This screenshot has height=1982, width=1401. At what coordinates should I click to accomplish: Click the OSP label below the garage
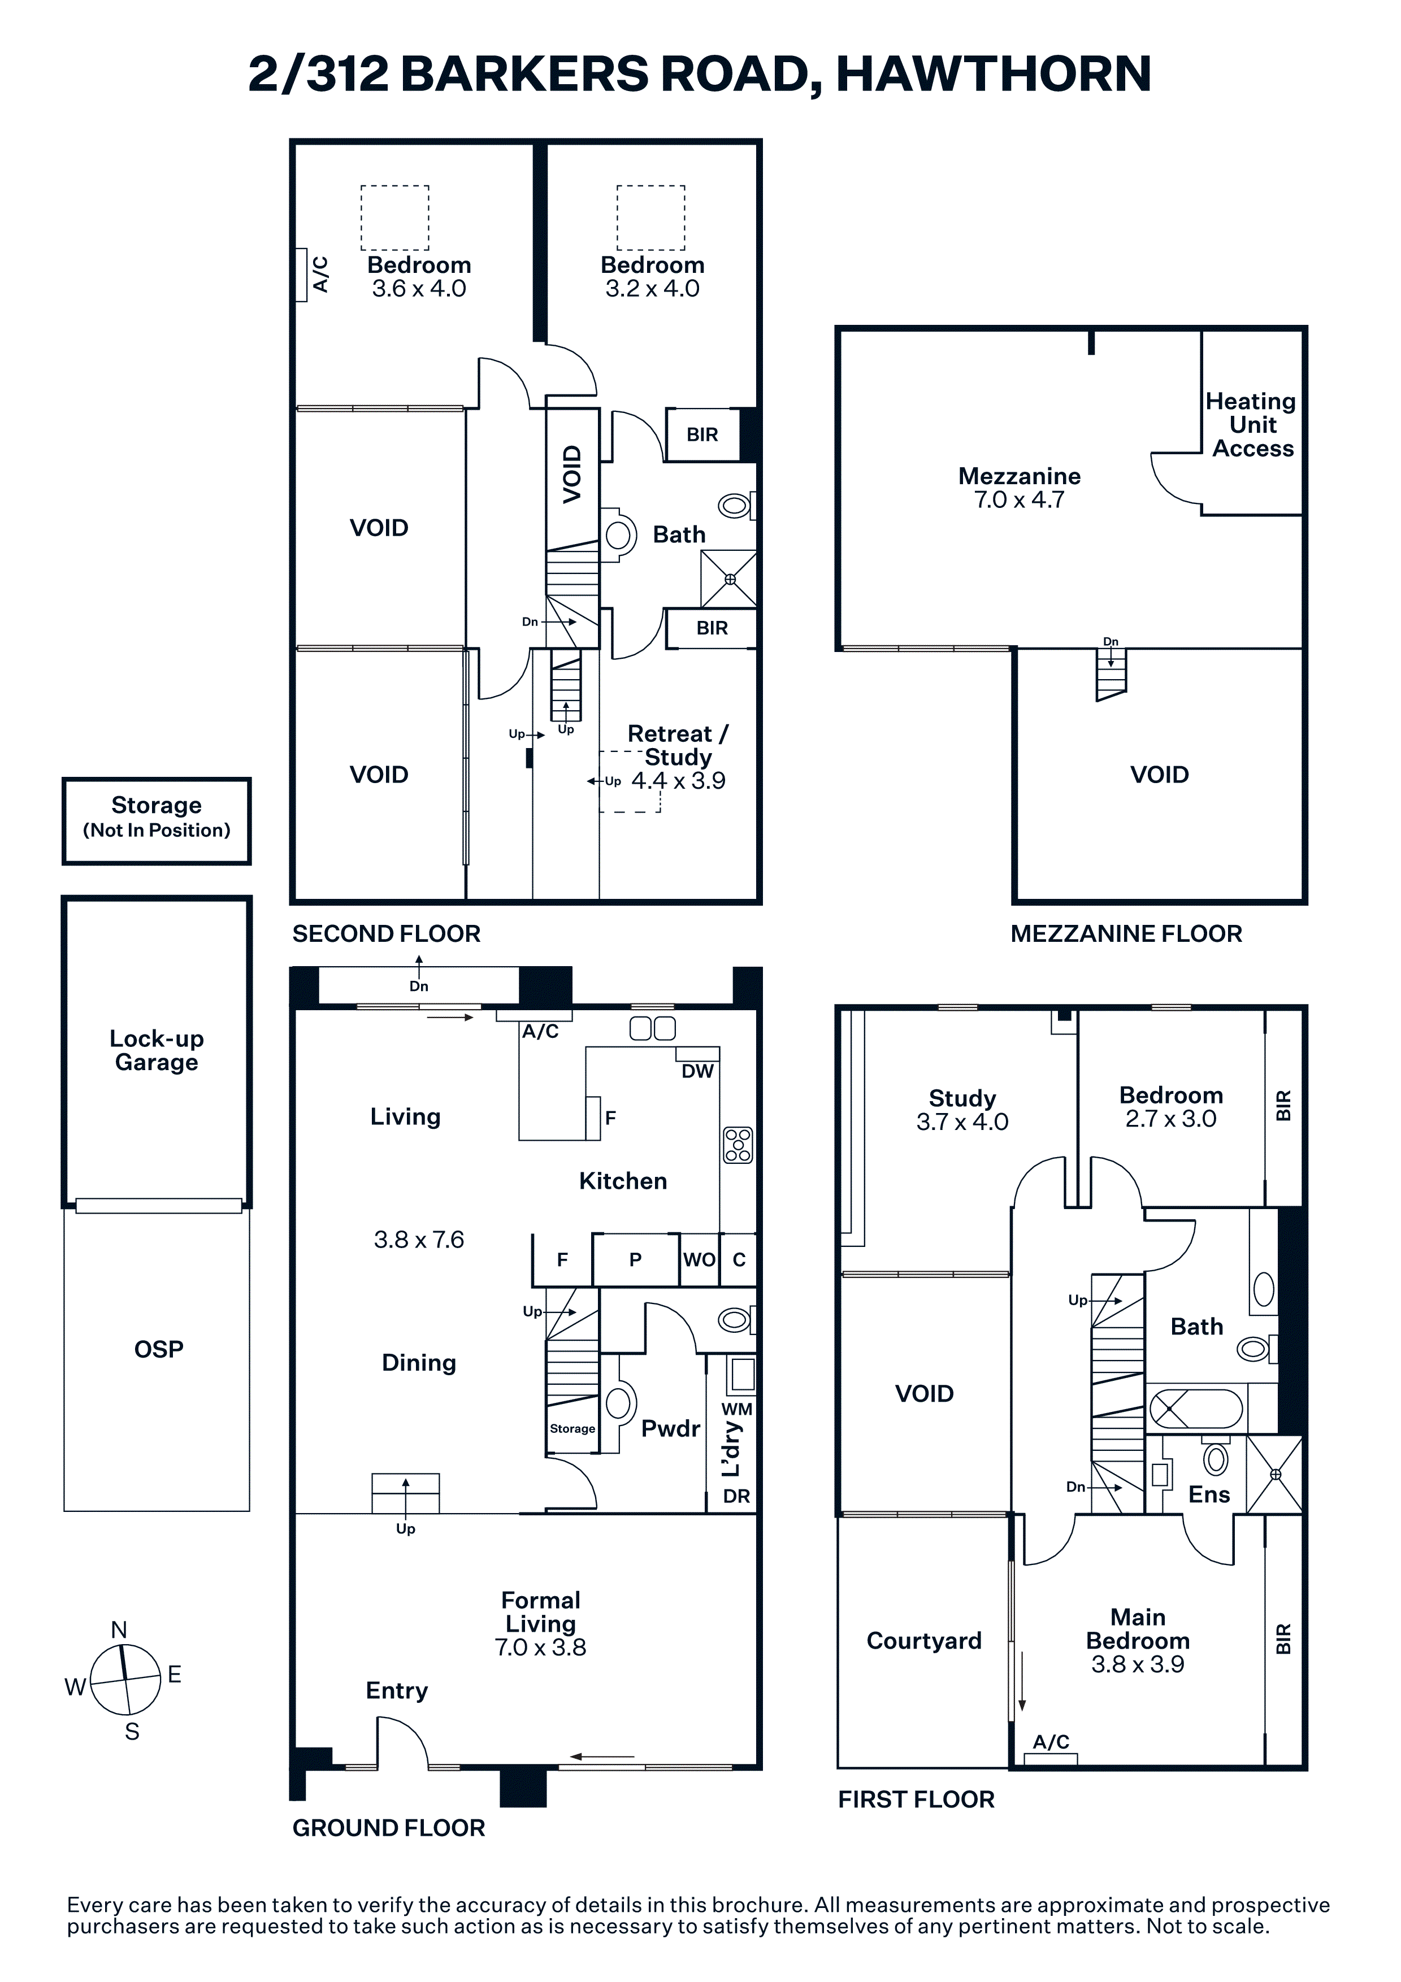click(x=159, y=1349)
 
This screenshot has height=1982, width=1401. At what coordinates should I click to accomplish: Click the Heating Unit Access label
click(x=1252, y=425)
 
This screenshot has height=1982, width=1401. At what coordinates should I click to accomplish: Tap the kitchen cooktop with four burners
click(x=738, y=1145)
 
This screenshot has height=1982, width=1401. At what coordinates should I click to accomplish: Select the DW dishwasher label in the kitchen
click(x=697, y=1071)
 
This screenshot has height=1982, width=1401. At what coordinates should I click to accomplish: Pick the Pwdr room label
click(x=671, y=1429)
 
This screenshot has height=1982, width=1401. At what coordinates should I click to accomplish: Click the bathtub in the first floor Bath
click(x=1195, y=1409)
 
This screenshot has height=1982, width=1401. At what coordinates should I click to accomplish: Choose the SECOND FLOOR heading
click(x=386, y=933)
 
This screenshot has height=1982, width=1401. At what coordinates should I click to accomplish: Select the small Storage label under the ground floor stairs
click(x=572, y=1429)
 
